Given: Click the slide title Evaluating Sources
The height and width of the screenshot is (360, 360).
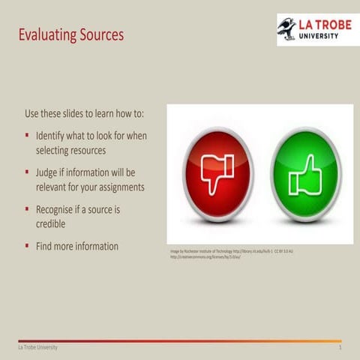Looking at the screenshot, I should pyautogui.click(x=70, y=35).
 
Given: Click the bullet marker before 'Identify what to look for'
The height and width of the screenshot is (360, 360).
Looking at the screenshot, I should pyautogui.click(x=27, y=137).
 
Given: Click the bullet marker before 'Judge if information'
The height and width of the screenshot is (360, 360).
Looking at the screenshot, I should pyautogui.click(x=27, y=173).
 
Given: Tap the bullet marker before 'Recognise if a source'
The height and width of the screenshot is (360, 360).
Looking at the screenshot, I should pyautogui.click(x=27, y=210).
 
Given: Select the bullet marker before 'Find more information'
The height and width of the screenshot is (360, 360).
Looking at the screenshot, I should pyautogui.click(x=27, y=246).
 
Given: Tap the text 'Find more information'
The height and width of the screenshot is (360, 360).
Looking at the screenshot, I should pyautogui.click(x=77, y=246).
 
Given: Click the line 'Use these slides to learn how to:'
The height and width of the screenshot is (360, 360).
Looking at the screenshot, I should pyautogui.click(x=84, y=113).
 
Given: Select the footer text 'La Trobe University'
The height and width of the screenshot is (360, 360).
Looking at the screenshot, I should pyautogui.click(x=38, y=349).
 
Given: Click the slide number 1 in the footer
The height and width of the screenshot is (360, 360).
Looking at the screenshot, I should pyautogui.click(x=340, y=349).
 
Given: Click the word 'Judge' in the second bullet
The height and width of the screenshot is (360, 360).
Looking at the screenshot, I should pyautogui.click(x=49, y=172).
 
